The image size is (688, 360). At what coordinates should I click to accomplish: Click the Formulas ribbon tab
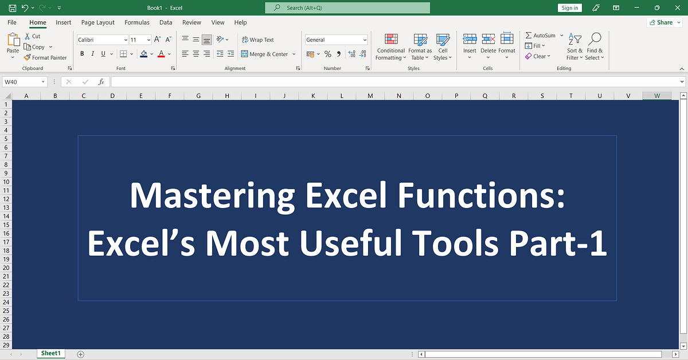[137, 22]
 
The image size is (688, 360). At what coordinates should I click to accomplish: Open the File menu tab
[11, 22]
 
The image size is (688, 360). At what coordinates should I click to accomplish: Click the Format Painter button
[45, 57]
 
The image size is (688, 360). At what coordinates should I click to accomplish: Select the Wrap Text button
[257, 40]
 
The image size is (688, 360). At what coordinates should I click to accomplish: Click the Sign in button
[570, 8]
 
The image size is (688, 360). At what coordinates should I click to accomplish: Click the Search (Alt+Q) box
[347, 8]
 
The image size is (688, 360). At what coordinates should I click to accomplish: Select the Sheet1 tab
[50, 354]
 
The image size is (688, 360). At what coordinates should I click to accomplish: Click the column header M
[370, 96]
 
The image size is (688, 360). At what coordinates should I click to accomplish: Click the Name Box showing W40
[25, 82]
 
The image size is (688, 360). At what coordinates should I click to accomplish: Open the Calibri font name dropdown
[103, 40]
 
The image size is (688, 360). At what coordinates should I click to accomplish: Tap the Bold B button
[82, 54]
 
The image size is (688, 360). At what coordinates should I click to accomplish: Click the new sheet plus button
[81, 354]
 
